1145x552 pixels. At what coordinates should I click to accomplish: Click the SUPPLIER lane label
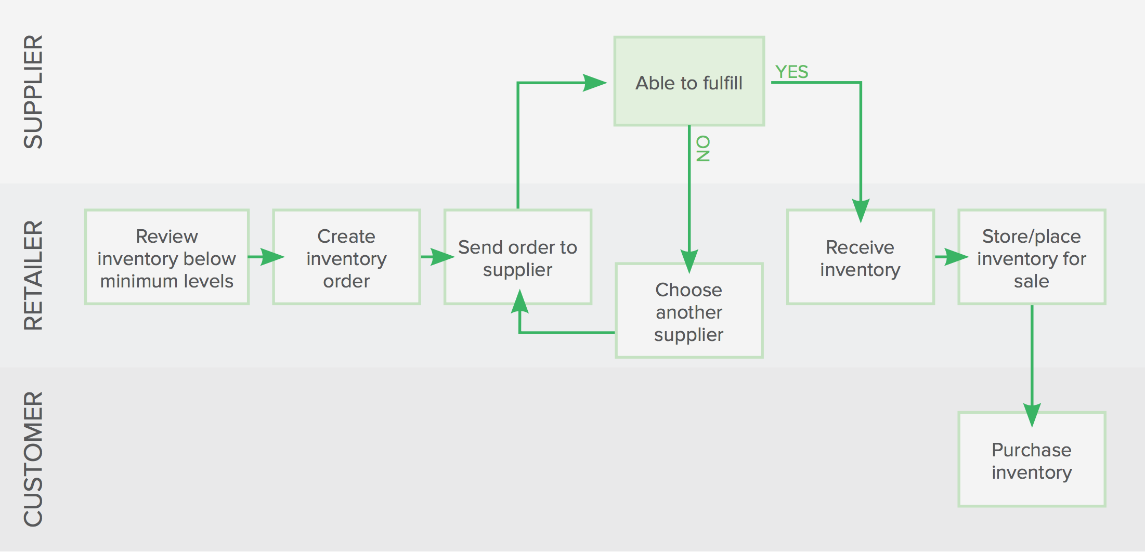click(x=33, y=92)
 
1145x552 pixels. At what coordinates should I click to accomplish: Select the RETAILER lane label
click(x=33, y=275)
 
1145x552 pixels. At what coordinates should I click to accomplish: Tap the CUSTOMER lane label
click(x=33, y=459)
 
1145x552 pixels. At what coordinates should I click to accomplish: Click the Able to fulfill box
click(x=689, y=82)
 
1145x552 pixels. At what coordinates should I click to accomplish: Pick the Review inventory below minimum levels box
click(x=167, y=257)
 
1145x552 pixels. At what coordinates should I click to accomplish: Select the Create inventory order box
click(x=346, y=257)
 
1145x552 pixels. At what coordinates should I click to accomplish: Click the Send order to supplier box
click(x=518, y=257)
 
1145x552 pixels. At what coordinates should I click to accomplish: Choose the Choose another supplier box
click(x=689, y=311)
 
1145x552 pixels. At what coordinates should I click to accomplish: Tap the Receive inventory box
click(x=861, y=257)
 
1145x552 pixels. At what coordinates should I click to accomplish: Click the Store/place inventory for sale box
click(x=1032, y=257)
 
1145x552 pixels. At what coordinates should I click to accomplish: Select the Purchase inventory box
click(x=1032, y=459)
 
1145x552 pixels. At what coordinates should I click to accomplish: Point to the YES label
click(x=791, y=72)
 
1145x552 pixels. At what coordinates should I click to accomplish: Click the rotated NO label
click(x=702, y=149)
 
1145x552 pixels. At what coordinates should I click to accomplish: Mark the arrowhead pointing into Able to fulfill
click(x=594, y=83)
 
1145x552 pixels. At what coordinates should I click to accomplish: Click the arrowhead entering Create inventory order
click(x=272, y=257)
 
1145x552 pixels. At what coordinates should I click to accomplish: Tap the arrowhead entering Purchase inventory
click(x=1032, y=415)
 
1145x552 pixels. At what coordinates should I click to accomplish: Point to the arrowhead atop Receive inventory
click(x=861, y=211)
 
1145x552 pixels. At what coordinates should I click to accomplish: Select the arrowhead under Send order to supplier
click(x=519, y=302)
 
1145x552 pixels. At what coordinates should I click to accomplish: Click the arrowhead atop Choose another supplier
click(x=689, y=261)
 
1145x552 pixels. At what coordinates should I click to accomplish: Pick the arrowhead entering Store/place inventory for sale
click(x=956, y=257)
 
